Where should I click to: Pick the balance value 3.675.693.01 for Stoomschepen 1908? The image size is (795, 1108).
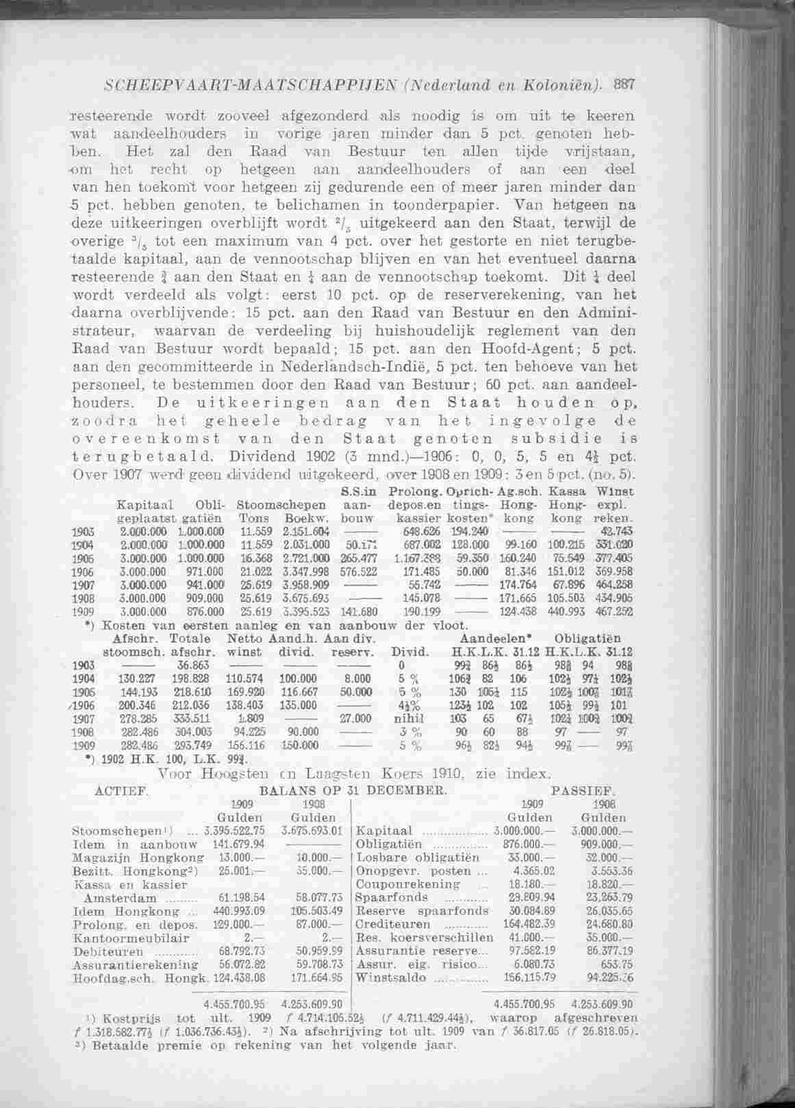312,831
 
